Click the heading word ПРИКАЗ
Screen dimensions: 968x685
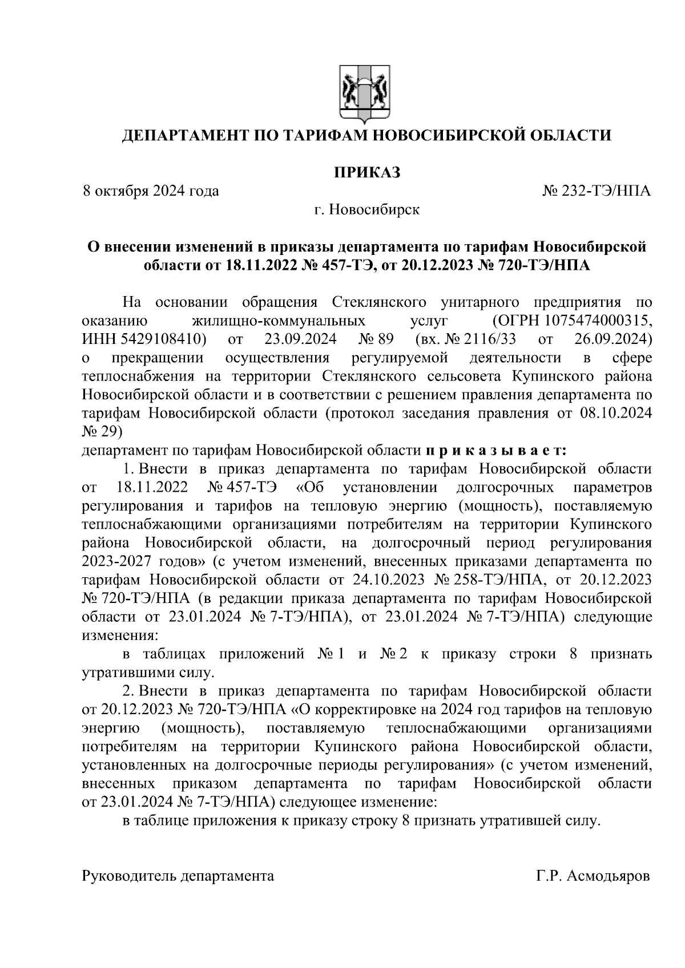pyautogui.click(x=366, y=171)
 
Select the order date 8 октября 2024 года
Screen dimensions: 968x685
pyautogui.click(x=151, y=191)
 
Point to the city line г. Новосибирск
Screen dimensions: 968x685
pyautogui.click(x=366, y=210)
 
